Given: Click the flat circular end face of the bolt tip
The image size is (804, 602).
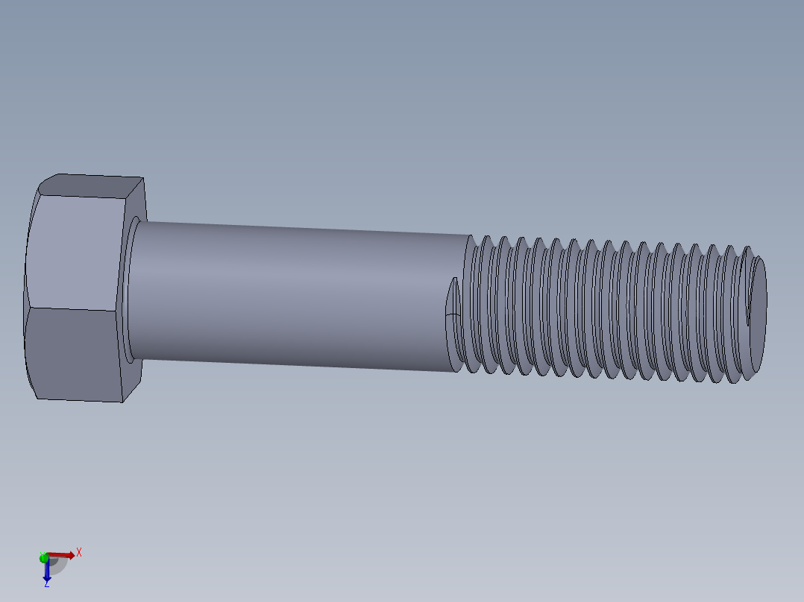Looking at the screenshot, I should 758,305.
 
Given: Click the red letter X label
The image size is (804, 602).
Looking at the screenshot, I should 79,552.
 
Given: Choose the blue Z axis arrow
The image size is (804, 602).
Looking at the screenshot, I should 46,571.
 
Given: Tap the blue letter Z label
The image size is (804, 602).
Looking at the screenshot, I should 46,585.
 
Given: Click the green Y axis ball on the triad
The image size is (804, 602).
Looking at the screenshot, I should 44,557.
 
